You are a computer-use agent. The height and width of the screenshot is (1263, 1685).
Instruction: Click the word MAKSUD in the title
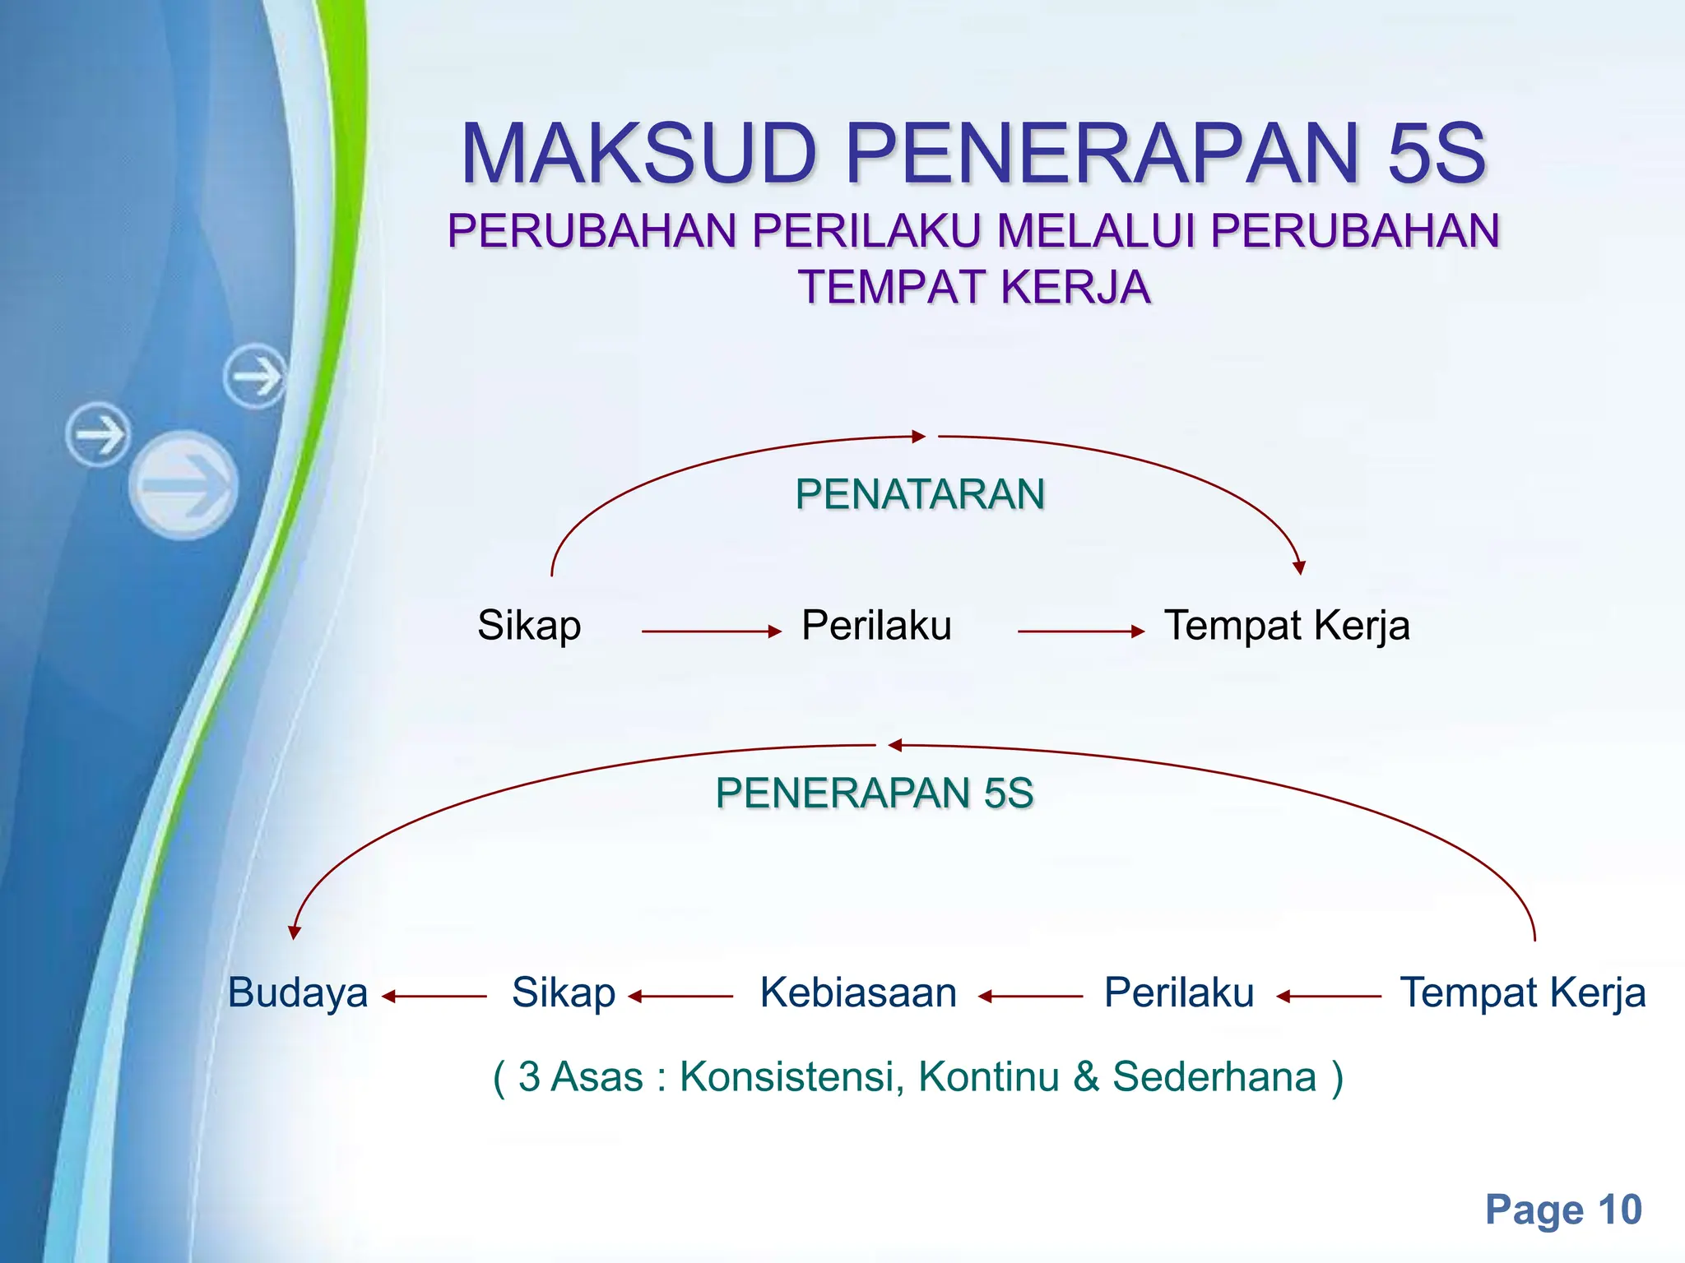pyautogui.click(x=638, y=155)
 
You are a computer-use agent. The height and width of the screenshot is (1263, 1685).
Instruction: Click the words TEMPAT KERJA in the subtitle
pyautogui.click(x=974, y=288)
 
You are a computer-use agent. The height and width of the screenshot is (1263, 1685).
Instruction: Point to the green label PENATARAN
pyautogui.click(x=920, y=495)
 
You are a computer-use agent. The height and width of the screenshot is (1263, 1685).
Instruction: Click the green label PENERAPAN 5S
pyautogui.click(x=875, y=793)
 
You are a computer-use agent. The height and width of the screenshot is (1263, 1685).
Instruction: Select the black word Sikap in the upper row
pyautogui.click(x=529, y=626)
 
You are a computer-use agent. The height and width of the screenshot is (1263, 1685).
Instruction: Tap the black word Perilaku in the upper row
pyautogui.click(x=876, y=626)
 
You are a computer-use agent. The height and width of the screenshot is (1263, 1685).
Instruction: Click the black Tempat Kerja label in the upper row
pyautogui.click(x=1287, y=626)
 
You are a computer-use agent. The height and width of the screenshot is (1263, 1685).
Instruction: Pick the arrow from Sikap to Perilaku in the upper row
pyautogui.click(x=711, y=631)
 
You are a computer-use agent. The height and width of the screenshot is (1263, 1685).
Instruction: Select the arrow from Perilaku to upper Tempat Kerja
pyautogui.click(x=1080, y=631)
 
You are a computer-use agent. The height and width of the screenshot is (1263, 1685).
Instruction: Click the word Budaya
pyautogui.click(x=298, y=992)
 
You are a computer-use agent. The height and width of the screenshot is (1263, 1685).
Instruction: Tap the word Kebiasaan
pyautogui.click(x=858, y=992)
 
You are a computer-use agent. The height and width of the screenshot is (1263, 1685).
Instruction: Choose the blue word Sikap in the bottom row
pyautogui.click(x=564, y=992)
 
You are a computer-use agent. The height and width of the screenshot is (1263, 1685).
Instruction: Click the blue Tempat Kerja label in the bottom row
pyautogui.click(x=1523, y=992)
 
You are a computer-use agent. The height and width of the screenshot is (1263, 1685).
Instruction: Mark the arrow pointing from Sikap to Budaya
pyautogui.click(x=434, y=997)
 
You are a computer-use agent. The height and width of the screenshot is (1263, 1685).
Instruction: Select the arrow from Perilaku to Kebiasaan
pyautogui.click(x=1030, y=997)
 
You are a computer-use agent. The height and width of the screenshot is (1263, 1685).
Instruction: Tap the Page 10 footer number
pyautogui.click(x=1563, y=1210)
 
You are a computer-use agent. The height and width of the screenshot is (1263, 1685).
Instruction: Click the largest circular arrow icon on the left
pyautogui.click(x=183, y=485)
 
